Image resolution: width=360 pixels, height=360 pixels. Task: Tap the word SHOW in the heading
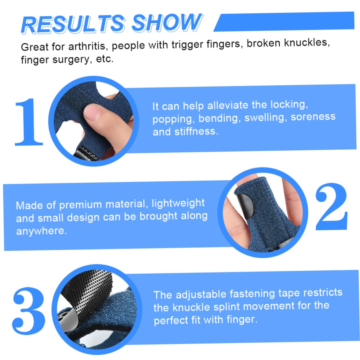click(x=167, y=22)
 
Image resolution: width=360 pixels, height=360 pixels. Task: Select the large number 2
click(x=331, y=206)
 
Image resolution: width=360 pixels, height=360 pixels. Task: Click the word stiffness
click(x=196, y=131)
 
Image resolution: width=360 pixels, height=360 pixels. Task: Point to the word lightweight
click(x=178, y=203)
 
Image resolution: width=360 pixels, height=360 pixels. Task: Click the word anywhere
click(x=41, y=231)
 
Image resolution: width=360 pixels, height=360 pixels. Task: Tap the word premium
click(x=80, y=204)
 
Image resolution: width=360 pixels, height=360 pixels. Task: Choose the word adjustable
click(x=200, y=294)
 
